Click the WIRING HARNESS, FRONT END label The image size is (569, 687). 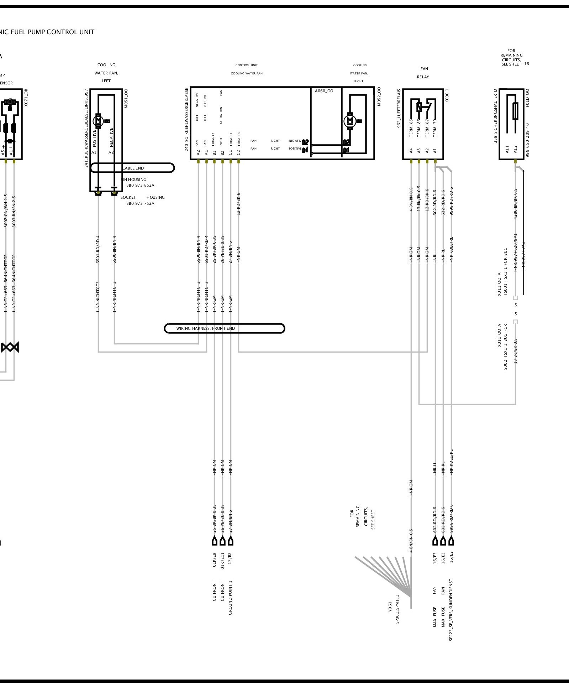point(206,328)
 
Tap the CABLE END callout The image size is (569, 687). point(133,168)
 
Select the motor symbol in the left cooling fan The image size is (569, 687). point(98,121)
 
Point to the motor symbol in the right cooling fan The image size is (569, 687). point(349,121)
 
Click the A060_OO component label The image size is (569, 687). point(324,91)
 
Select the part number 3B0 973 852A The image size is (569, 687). point(140,186)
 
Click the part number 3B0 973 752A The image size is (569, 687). point(140,204)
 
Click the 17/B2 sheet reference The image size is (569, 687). point(230,559)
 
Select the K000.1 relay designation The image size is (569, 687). point(447,95)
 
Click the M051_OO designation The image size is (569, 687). point(126,98)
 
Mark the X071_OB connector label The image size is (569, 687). point(26,98)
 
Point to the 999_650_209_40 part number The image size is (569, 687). point(528,140)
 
